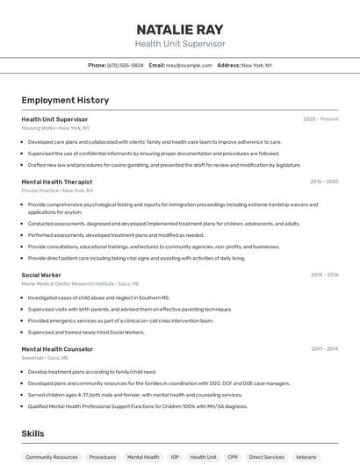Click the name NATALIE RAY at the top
click(x=180, y=29)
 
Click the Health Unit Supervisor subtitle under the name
click(x=180, y=44)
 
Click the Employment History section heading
click(x=65, y=100)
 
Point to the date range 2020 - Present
click(x=320, y=119)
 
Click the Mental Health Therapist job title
click(x=57, y=182)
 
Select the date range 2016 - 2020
click(x=324, y=182)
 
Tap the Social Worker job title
click(x=41, y=275)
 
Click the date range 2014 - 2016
click(x=324, y=275)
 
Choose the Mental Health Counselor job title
click(x=57, y=349)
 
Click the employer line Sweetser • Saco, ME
click(x=45, y=358)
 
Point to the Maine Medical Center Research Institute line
click(x=80, y=283)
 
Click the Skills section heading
click(x=32, y=433)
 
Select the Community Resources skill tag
click(x=52, y=457)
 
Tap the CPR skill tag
click(x=233, y=457)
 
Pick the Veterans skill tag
click(x=306, y=457)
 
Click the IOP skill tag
click(x=175, y=457)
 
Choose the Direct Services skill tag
click(x=266, y=457)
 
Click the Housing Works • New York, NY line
click(x=55, y=128)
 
